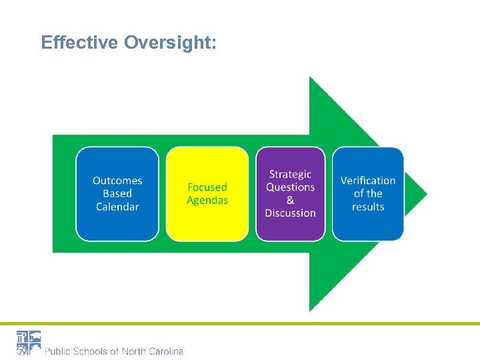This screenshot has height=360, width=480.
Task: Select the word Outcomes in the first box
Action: pos(117,181)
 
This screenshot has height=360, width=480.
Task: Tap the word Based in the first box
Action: pos(117,193)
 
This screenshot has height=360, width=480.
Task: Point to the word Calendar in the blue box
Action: pos(117,207)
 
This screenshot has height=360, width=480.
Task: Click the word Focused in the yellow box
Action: pos(207,187)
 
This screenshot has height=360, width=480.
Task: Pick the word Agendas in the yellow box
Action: pos(207,200)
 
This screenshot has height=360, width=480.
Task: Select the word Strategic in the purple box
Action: pos(290,175)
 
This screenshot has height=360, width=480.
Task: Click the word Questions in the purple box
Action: pos(290,187)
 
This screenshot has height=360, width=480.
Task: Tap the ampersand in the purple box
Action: pos(290,200)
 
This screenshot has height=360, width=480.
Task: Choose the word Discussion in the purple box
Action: pos(290,213)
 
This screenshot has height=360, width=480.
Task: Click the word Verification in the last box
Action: pos(368,181)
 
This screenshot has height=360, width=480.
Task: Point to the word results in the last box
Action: pos(368,207)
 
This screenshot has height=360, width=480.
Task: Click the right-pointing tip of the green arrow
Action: pos(425,194)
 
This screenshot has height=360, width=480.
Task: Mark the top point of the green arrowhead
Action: pos(311,79)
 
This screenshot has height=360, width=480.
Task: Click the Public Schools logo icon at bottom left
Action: pos(29,343)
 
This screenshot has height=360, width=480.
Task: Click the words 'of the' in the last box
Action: pos(368,193)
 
